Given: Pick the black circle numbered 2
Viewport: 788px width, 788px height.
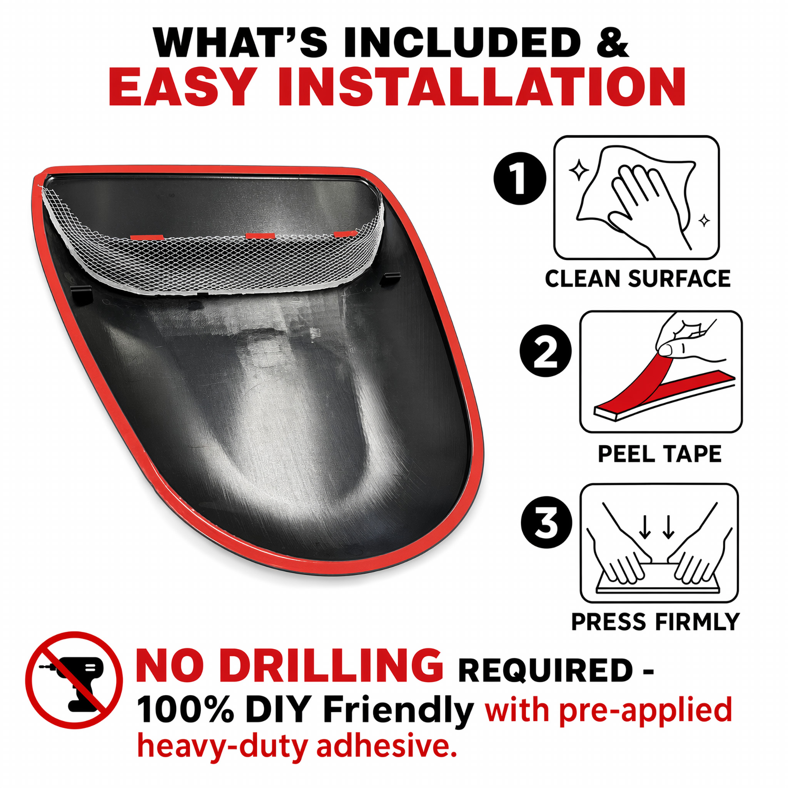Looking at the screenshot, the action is (545, 351).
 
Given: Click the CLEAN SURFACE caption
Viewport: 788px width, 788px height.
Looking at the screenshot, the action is (638, 279).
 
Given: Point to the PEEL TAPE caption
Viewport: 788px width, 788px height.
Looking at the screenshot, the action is (660, 454).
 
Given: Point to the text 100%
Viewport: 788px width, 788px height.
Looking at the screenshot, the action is (185, 711).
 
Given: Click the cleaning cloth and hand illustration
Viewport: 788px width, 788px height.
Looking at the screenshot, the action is (636, 198).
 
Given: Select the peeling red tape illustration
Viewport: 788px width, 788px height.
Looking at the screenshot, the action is (661, 372).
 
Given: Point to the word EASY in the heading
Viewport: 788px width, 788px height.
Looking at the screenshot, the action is (180, 87).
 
